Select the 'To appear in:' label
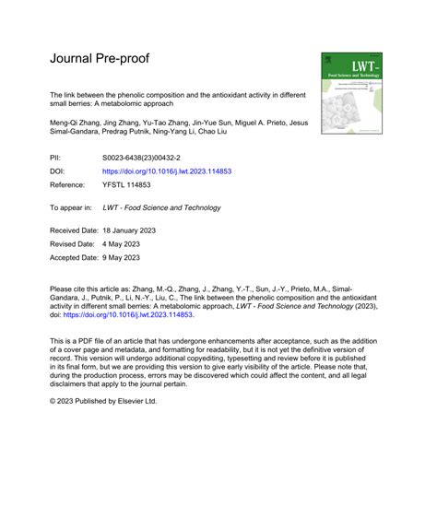click(x=75, y=207)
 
